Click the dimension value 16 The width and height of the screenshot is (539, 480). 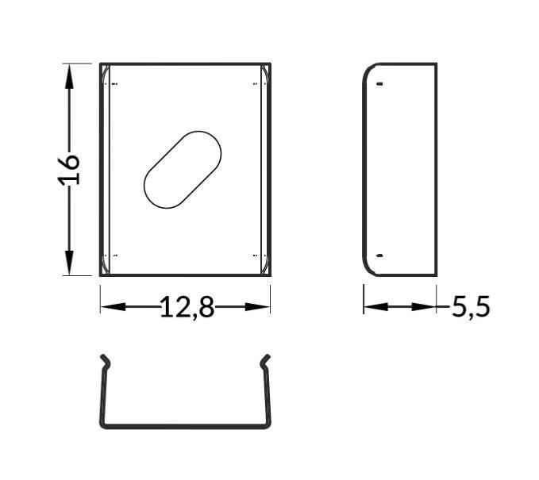tap(69, 170)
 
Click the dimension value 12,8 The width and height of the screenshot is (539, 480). tap(187, 307)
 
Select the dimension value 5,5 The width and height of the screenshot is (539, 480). tap(471, 306)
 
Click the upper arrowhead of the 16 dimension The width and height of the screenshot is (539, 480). tap(69, 77)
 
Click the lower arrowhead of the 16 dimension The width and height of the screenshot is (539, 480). tap(69, 263)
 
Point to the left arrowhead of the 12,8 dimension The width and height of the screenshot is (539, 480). tap(113, 306)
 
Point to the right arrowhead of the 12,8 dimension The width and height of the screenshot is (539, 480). tap(257, 306)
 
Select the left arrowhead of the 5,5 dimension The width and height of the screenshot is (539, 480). tap(376, 306)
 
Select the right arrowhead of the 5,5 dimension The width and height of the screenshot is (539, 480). tap(424, 306)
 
